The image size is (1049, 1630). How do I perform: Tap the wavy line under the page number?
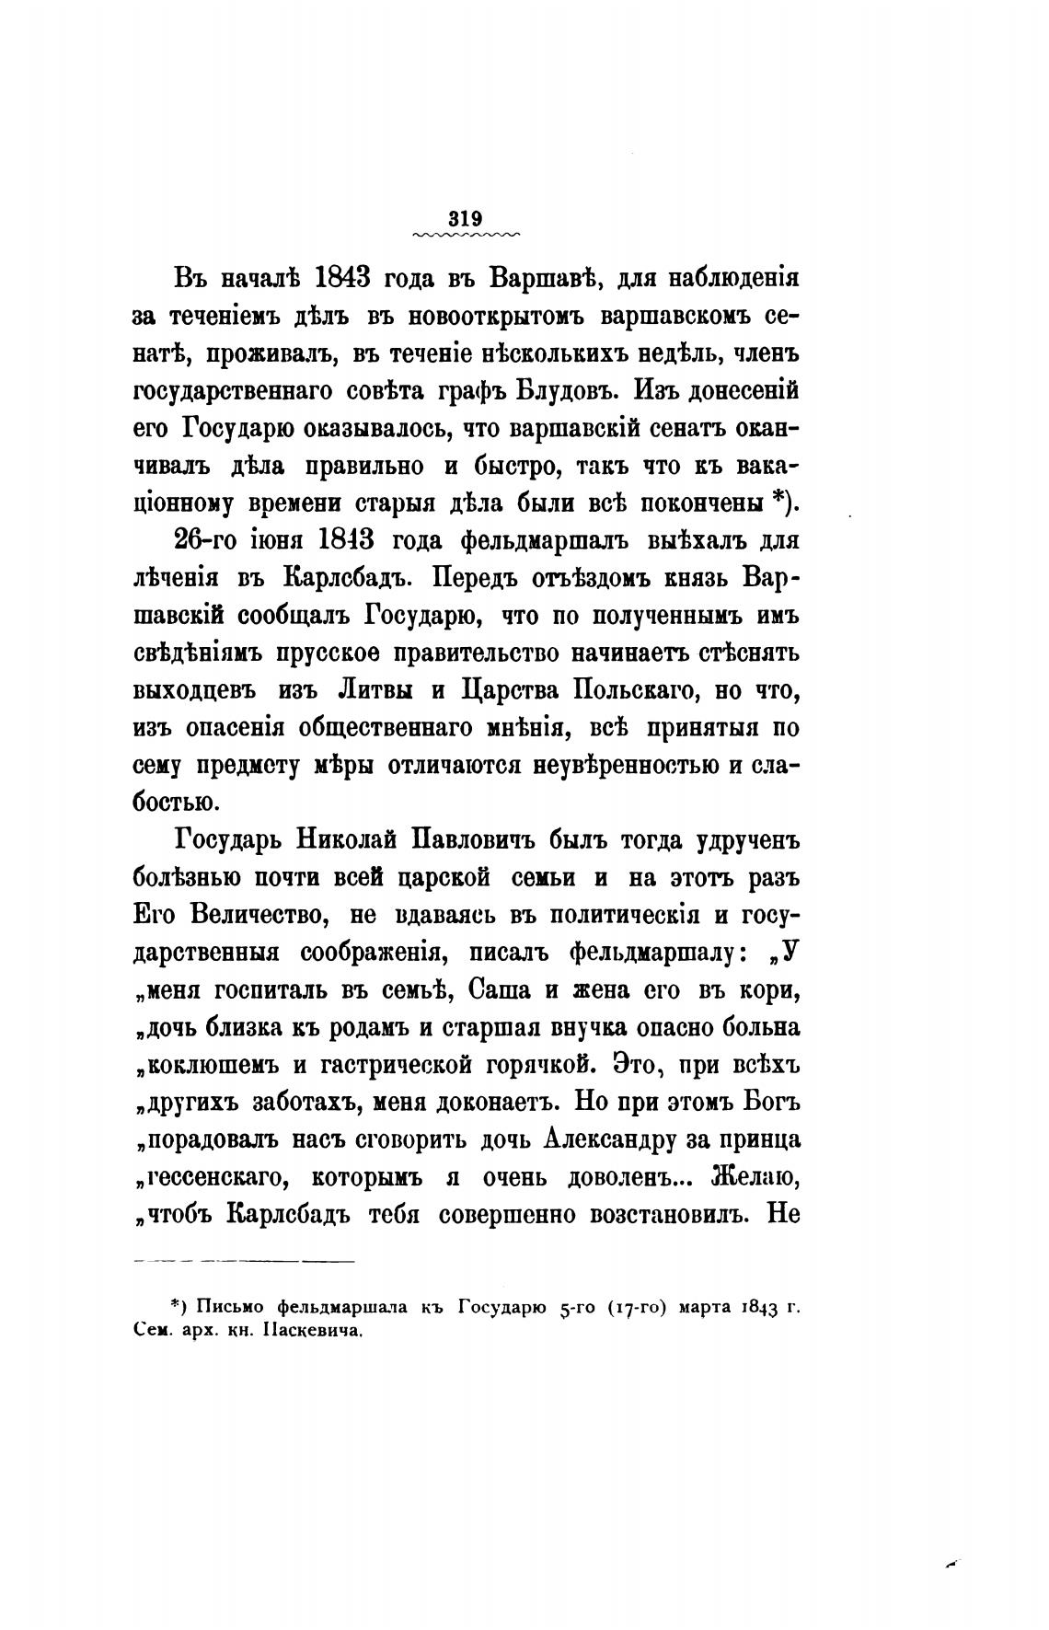click(467, 236)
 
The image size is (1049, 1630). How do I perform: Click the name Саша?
click(500, 990)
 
